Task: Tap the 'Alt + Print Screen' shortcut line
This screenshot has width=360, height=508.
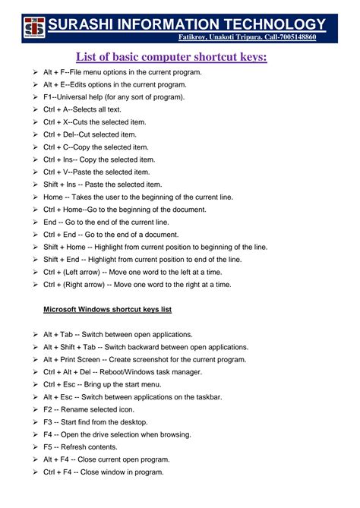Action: coord(144,359)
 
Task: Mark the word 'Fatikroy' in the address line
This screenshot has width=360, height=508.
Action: coord(195,36)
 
